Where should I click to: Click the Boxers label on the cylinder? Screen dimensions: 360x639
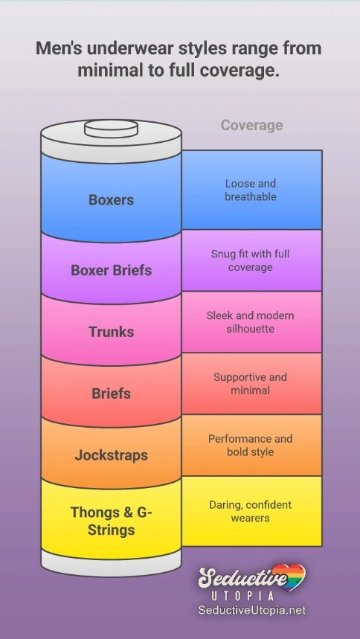111,199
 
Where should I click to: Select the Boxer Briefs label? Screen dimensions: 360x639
111,270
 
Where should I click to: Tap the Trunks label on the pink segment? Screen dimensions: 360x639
112,332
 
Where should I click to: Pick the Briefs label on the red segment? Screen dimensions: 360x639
111,394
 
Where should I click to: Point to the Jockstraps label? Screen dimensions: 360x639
111,455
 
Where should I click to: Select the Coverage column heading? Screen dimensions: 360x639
251,126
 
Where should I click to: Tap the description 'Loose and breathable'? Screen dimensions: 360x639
251,190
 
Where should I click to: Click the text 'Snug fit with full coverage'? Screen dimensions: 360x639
251,260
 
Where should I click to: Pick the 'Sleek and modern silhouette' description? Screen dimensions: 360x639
251,322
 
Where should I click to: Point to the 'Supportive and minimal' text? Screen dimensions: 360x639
251,384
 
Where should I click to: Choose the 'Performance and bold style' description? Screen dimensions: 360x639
251,445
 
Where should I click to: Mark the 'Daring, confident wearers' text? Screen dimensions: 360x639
251,511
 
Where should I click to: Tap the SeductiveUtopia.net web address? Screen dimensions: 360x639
252,610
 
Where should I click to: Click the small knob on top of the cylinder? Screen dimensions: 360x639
111,129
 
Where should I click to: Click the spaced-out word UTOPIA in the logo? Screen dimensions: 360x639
242,596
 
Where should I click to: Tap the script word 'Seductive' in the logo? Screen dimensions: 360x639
242,578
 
